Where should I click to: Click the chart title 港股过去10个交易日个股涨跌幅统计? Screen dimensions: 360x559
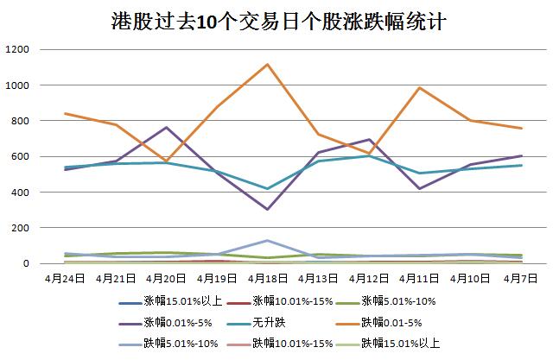279,21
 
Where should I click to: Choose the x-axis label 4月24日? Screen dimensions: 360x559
65,279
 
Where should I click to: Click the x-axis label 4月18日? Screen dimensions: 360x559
267,279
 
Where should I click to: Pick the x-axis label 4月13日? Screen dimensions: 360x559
317,279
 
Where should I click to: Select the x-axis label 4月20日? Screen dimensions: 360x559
166,279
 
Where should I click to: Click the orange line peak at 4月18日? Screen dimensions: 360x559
267,65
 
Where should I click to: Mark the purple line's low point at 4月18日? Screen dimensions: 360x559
267,209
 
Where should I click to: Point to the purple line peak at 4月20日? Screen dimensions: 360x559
166,128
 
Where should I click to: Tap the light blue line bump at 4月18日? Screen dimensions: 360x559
267,240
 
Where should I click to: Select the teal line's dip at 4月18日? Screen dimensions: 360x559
267,188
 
